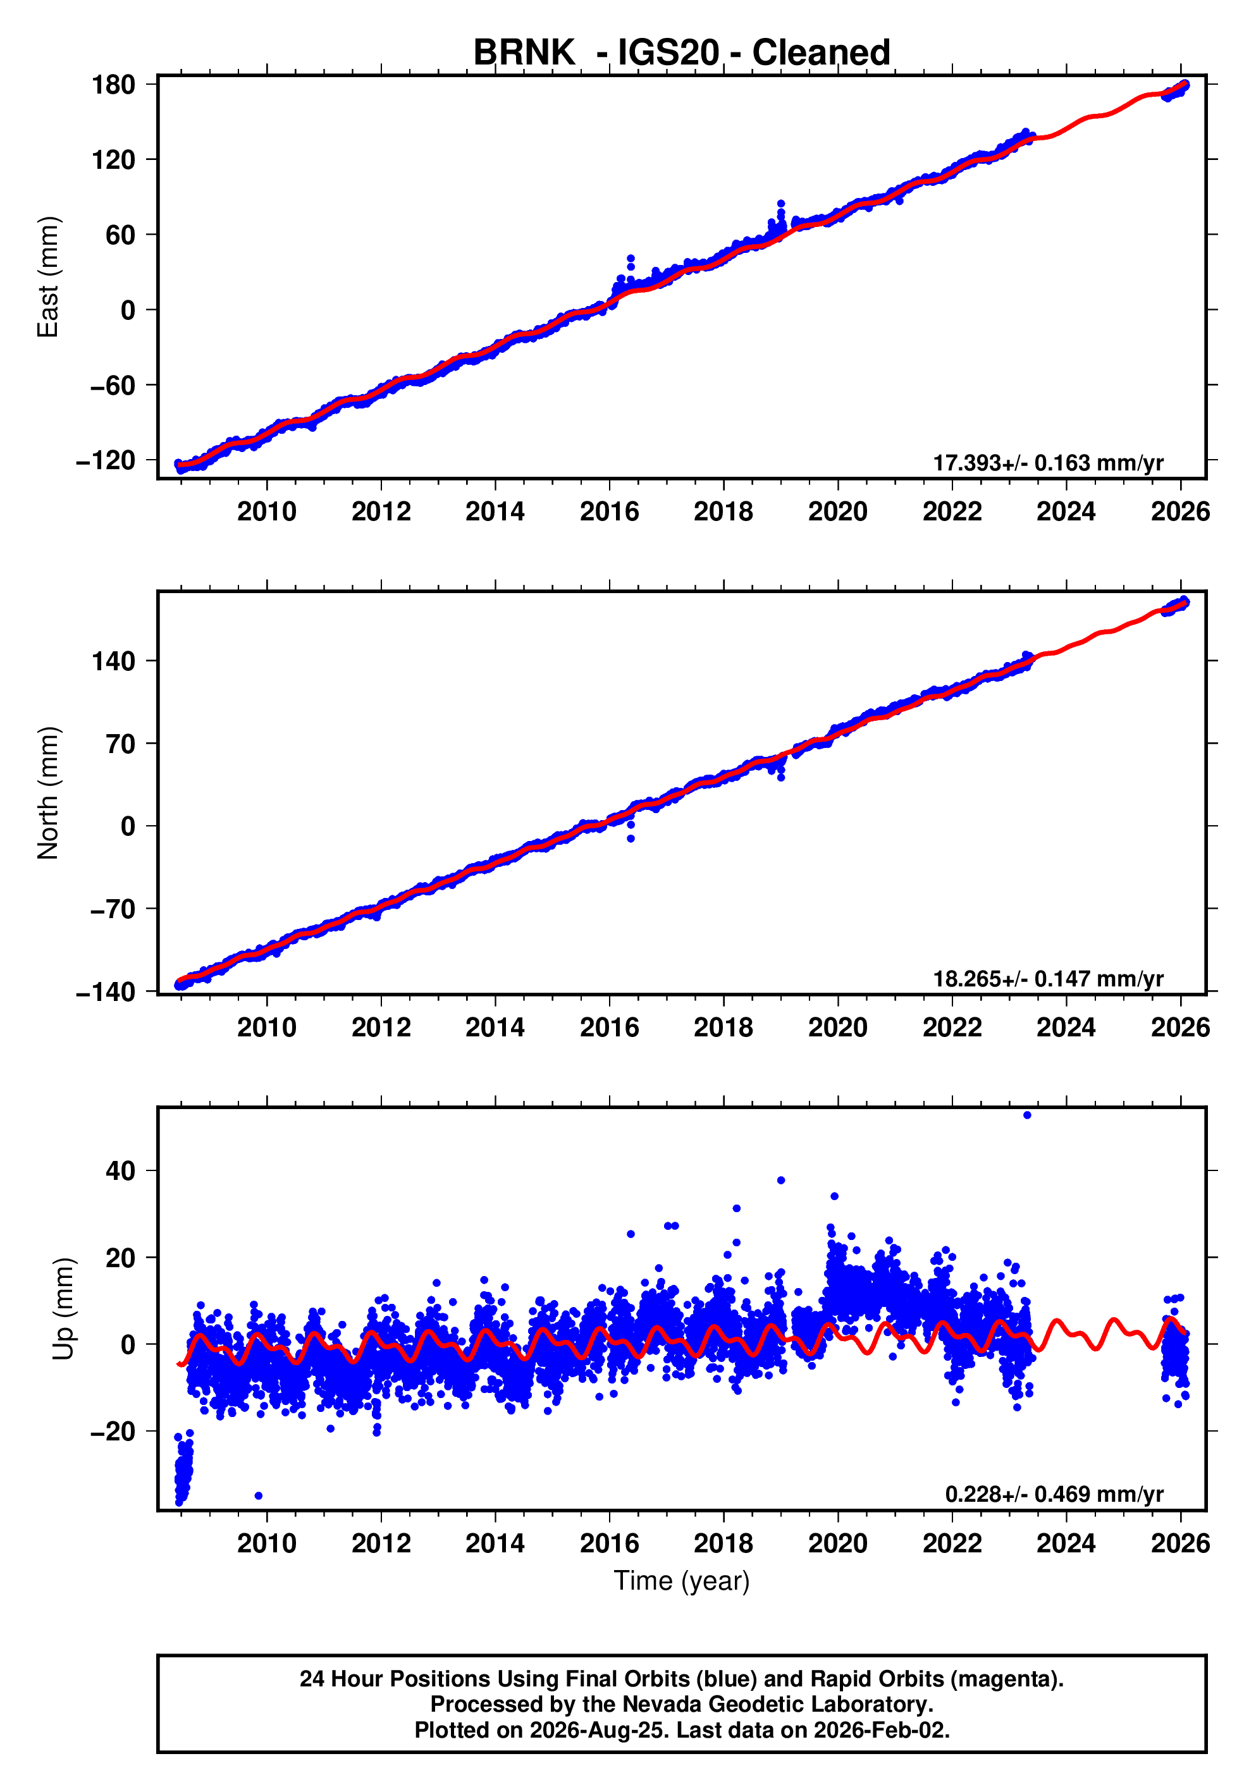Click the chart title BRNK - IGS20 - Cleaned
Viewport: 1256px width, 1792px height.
682,53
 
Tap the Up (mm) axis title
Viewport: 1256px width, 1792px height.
64,1309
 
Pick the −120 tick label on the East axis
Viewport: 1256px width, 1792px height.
106,460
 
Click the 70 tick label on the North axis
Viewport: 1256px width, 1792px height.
121,744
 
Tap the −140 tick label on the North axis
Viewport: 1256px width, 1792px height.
106,992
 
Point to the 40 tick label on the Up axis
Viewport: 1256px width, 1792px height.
121,1170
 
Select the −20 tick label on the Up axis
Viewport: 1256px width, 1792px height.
113,1432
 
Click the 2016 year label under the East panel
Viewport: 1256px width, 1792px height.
609,512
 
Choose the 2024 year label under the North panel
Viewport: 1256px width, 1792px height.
1066,1028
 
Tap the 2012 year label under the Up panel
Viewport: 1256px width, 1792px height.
381,1543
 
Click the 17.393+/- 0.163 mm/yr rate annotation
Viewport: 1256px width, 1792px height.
1049,463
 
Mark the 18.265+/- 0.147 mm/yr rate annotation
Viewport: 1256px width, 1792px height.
1049,979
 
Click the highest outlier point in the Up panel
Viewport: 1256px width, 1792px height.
1026,1115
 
